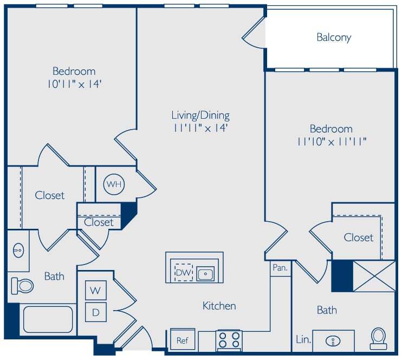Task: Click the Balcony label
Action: point(334,37)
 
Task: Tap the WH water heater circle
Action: point(114,184)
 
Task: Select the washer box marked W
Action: point(96,291)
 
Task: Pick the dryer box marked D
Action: point(96,312)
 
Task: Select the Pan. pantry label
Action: point(280,268)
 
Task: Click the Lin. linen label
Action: point(303,340)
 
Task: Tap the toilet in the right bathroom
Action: point(378,338)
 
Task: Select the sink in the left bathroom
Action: point(18,250)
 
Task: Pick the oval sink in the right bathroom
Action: point(333,341)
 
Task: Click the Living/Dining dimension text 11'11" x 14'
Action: point(200,128)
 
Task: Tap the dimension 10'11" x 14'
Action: point(74,84)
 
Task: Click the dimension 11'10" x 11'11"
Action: point(332,142)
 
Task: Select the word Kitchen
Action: point(219,306)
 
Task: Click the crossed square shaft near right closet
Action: point(374,276)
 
